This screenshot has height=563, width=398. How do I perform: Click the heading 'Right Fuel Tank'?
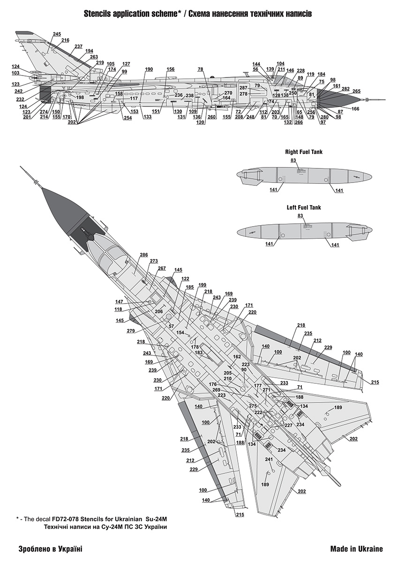click(304, 152)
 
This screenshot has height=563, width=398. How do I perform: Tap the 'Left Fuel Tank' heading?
click(304, 207)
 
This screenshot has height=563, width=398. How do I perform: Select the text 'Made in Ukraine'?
click(356, 548)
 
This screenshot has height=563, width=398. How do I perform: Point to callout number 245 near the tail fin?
click(57, 34)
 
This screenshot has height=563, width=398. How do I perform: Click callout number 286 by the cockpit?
click(143, 255)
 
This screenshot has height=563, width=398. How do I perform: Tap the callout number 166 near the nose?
click(355, 109)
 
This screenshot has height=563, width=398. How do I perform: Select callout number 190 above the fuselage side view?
click(149, 69)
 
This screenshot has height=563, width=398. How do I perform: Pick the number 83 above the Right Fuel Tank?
click(293, 160)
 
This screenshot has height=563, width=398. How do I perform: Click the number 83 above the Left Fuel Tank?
click(300, 215)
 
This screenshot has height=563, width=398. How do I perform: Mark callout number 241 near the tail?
click(269, 459)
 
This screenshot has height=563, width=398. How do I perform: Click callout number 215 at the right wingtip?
click(375, 382)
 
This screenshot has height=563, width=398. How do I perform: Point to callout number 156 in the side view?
click(170, 69)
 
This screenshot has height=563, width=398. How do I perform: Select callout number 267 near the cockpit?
click(162, 268)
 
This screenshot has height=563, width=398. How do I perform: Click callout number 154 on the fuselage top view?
click(180, 332)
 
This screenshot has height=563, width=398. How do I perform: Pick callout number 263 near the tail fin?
click(94, 57)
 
